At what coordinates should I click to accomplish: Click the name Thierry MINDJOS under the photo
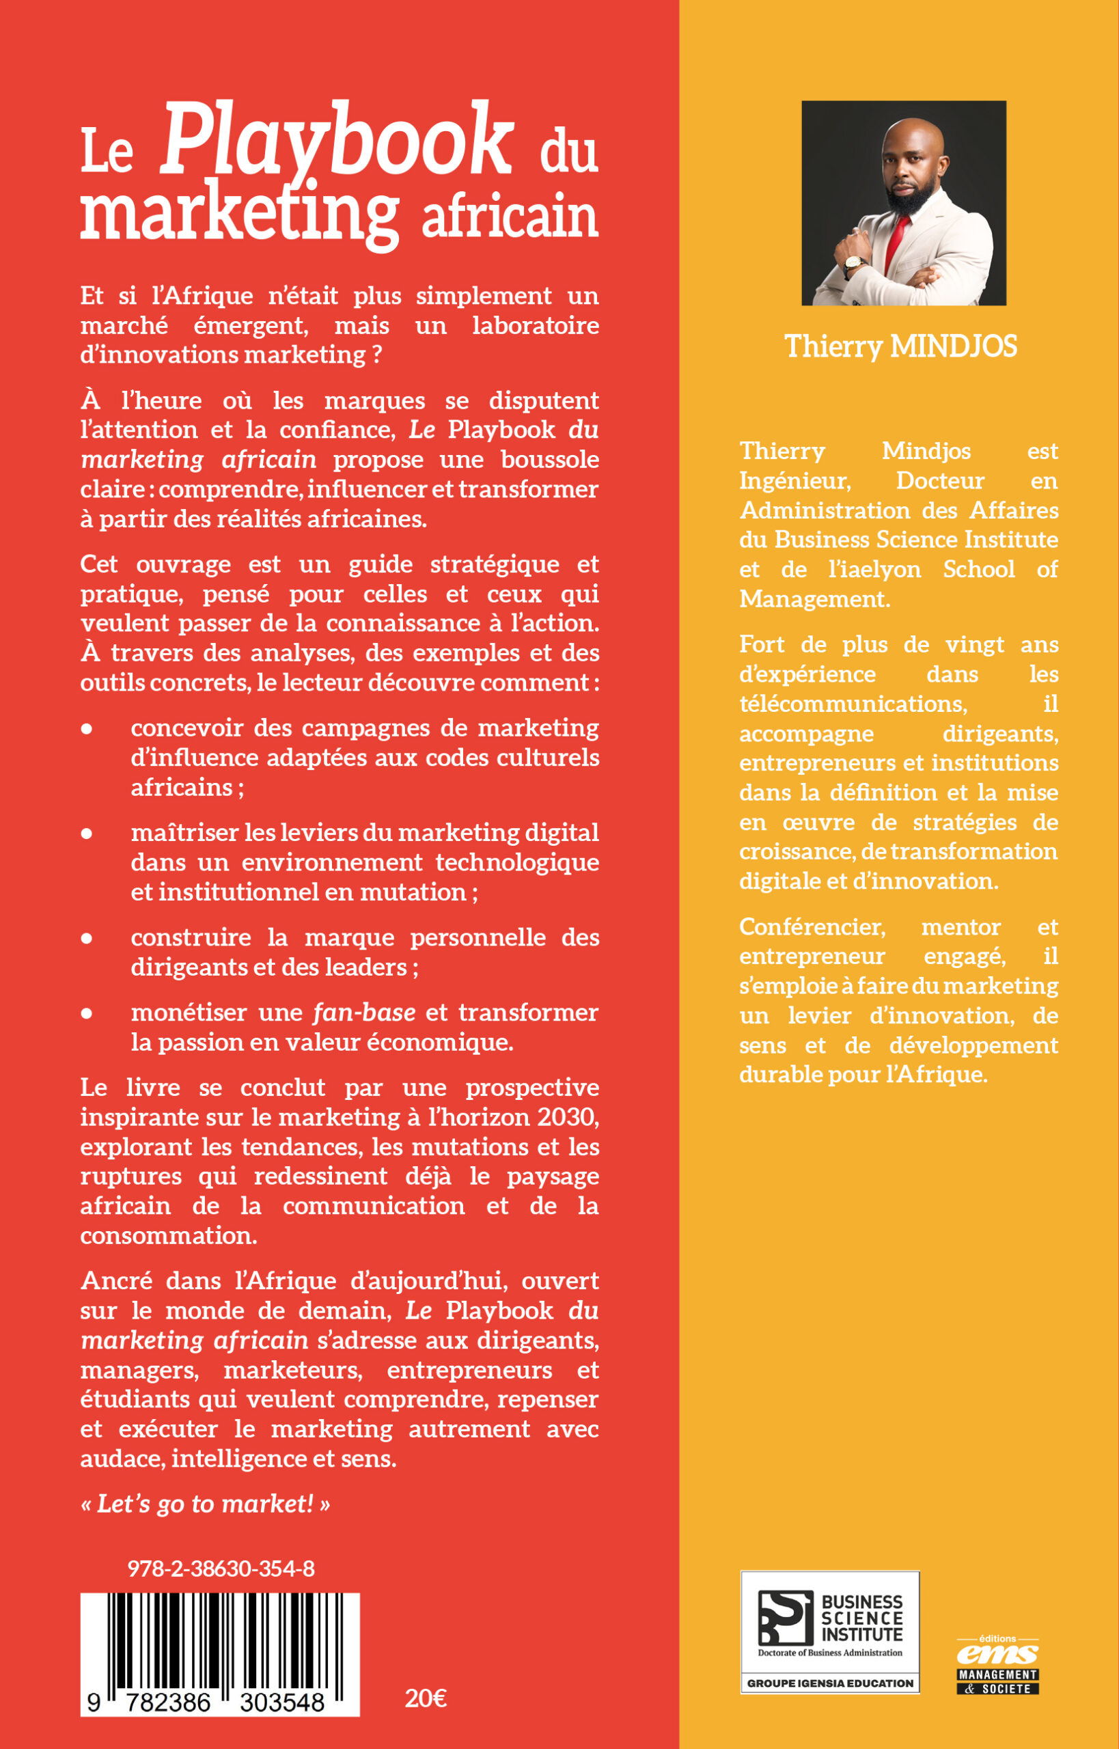click(901, 346)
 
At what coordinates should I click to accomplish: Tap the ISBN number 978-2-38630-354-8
click(221, 1568)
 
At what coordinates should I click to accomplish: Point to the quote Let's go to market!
click(206, 1502)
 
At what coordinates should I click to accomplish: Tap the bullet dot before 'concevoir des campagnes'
click(87, 729)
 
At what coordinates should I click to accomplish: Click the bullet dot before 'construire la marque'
click(87, 938)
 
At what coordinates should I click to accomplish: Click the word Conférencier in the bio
click(812, 926)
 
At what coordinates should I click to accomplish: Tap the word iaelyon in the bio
click(874, 569)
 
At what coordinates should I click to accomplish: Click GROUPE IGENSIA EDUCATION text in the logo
click(830, 1683)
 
